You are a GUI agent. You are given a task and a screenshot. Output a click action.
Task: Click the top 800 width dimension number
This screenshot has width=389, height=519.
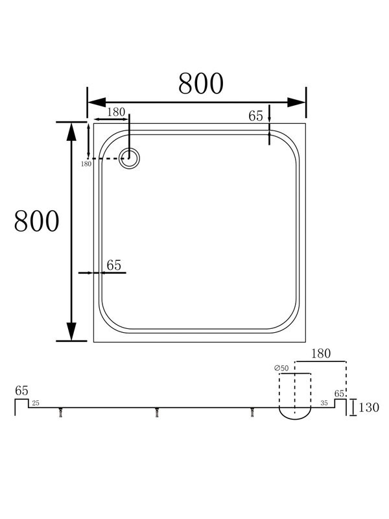(x=201, y=83)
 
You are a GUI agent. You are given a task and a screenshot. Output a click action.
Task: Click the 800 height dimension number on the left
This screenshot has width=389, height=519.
(x=37, y=222)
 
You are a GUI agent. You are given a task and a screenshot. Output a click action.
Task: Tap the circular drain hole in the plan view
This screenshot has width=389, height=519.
(x=129, y=158)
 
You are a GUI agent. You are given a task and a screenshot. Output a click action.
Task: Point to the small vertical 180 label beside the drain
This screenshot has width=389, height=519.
(x=86, y=164)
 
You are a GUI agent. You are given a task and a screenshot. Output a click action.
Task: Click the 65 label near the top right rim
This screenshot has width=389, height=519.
(x=255, y=116)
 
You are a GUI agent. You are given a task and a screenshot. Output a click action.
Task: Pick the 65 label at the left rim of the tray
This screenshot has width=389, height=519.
(x=113, y=265)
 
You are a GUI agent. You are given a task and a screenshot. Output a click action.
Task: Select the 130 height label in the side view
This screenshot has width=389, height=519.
(x=370, y=408)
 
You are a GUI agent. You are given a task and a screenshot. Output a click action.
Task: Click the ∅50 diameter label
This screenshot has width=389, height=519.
(x=282, y=368)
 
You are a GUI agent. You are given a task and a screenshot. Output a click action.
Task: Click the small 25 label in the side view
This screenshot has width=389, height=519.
(x=35, y=404)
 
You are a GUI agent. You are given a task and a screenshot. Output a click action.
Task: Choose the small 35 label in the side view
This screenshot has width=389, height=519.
(x=324, y=404)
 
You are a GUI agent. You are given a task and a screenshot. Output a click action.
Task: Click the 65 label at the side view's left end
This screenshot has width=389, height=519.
(x=21, y=391)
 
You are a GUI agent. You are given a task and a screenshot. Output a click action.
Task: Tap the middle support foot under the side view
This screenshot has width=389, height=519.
(x=157, y=413)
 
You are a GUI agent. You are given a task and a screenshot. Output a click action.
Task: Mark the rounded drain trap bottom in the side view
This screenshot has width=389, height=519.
(x=295, y=415)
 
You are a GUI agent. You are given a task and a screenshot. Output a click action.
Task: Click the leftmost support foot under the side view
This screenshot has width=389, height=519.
(x=60, y=413)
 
